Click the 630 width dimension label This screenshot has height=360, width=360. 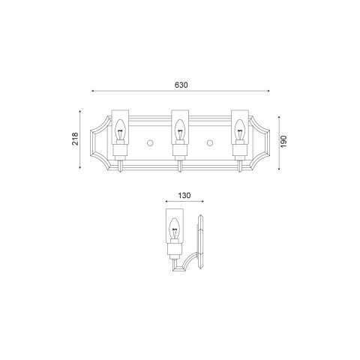pyautogui.click(x=180, y=85)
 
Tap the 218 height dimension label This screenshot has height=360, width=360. pyautogui.click(x=75, y=142)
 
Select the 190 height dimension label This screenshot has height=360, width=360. pyautogui.click(x=284, y=142)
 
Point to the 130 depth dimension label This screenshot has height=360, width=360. pyautogui.click(x=184, y=196)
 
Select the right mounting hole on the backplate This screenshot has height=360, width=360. pyautogui.click(x=210, y=142)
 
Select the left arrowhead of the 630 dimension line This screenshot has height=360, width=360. pyautogui.click(x=92, y=91)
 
